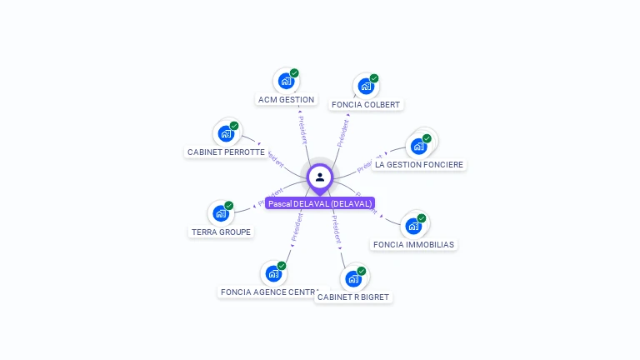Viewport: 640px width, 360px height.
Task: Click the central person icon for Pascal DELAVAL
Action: pos(320,177)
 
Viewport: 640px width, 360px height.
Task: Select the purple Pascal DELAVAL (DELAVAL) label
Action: pos(320,203)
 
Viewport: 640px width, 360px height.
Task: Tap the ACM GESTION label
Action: pos(286,100)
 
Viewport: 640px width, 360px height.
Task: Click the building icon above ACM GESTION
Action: pos(286,81)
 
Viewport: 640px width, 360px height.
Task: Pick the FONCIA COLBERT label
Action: pos(366,105)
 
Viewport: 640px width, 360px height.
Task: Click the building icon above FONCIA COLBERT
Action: pos(365,86)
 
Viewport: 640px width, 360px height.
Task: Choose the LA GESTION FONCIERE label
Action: pos(418,165)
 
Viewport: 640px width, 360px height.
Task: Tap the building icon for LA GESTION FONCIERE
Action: pos(418,146)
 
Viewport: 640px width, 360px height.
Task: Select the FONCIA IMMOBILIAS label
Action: pos(413,244)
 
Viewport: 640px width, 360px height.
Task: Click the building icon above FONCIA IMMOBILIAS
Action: pos(412,226)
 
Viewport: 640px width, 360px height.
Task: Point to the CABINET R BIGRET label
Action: pos(353,297)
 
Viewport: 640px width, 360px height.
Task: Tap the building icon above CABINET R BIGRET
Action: pos(353,278)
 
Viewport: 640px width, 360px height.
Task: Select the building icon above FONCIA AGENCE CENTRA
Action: pos(273,273)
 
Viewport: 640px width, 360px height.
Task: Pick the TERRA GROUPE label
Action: pos(221,232)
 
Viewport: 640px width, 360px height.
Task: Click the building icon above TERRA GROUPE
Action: pos(221,213)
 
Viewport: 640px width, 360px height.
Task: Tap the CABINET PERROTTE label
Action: pos(226,152)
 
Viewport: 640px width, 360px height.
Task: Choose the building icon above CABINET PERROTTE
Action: pos(226,133)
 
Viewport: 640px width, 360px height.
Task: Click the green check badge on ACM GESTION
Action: pos(294,73)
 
